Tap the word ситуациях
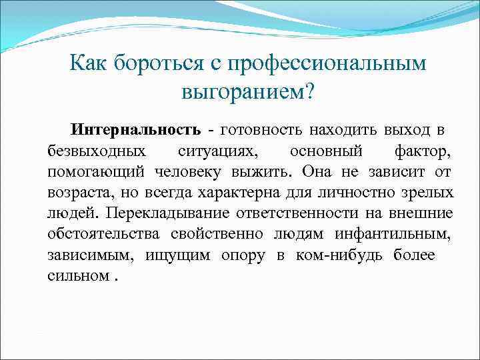tap(222, 150)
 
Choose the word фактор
tap(421, 150)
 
